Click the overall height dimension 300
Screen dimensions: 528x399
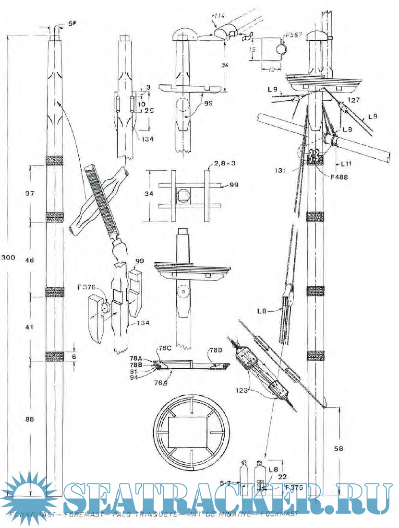coord(8,258)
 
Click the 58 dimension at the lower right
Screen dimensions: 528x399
coord(339,449)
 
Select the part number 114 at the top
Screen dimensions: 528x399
coord(219,16)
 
